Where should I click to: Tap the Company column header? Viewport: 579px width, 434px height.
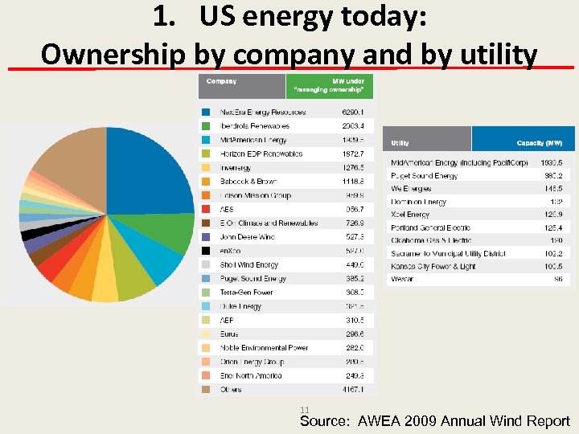[x=221, y=81]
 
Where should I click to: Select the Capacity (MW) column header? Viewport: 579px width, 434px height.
[x=539, y=143]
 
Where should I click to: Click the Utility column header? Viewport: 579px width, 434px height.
[x=400, y=143]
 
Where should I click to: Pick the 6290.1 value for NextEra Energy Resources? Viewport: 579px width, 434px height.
[x=352, y=112]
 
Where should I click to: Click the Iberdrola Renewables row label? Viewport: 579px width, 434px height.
[x=254, y=126]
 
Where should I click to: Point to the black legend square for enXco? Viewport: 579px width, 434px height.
[x=206, y=251]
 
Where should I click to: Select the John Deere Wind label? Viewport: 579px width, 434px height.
[x=247, y=237]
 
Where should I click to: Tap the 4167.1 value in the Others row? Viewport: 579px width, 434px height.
[x=352, y=390]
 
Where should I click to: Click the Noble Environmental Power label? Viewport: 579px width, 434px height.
[x=264, y=348]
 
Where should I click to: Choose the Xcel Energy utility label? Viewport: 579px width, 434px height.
[x=410, y=215]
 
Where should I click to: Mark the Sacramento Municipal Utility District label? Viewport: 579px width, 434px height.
[x=448, y=253]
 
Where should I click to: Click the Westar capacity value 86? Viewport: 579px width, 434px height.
[x=558, y=279]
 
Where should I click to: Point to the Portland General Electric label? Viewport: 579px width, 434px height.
[x=430, y=227]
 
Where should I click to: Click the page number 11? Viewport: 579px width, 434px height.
[x=304, y=409]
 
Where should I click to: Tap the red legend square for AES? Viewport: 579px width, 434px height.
[x=206, y=209]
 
